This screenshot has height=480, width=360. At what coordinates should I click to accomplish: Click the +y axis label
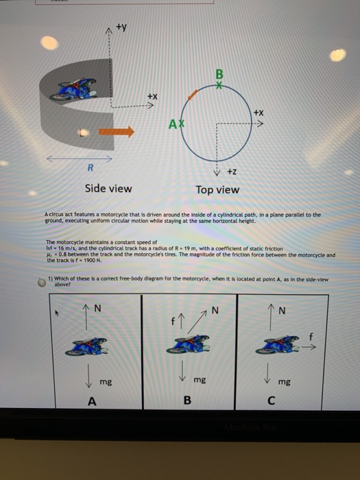(121, 29)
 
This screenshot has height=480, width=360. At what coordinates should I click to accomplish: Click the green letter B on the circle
(219, 73)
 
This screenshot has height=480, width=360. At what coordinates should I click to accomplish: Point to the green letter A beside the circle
(176, 123)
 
